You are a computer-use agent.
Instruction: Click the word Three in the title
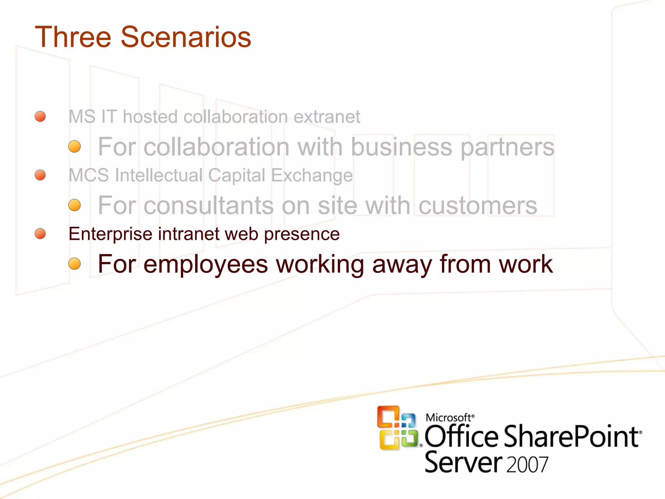(73, 37)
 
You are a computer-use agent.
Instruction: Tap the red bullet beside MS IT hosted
(40, 116)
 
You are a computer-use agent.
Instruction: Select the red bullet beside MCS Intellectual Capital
(40, 175)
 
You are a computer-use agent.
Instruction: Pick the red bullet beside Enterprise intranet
(40, 233)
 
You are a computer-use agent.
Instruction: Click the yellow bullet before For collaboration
(74, 147)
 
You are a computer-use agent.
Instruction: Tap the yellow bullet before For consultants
(74, 205)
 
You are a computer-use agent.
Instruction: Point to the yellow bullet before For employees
(74, 263)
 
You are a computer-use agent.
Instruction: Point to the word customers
(478, 206)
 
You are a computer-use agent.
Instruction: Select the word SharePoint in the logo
(571, 437)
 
